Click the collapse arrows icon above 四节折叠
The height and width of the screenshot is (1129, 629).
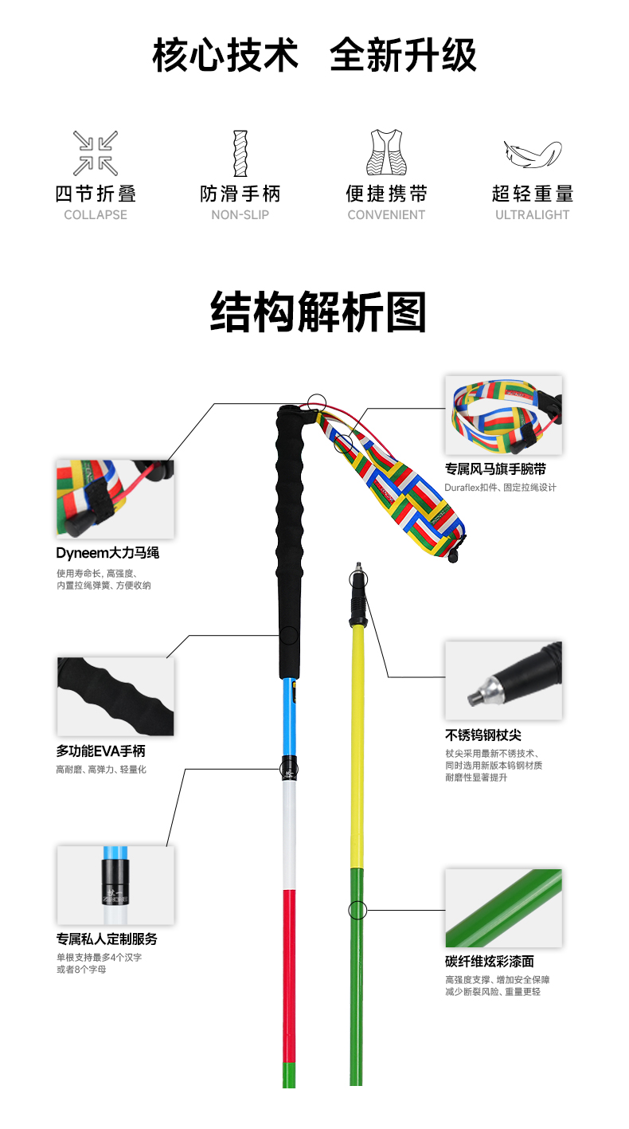point(96,153)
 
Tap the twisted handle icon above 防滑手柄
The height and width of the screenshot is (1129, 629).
point(240,153)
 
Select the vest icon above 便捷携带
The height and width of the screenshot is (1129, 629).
point(386,153)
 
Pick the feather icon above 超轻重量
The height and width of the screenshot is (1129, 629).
point(532,153)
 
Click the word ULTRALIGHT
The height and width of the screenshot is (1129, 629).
point(532,214)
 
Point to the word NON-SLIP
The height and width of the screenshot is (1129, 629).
point(240,214)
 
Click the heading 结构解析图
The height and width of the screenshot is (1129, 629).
point(318,312)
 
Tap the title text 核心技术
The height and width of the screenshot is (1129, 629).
point(225,56)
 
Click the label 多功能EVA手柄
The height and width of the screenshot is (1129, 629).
point(100,751)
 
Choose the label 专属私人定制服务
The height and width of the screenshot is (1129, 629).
point(107,939)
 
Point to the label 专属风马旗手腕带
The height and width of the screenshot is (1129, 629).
point(495,469)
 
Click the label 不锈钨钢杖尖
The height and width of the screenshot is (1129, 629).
point(483,735)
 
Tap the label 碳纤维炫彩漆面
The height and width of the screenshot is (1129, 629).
point(489,961)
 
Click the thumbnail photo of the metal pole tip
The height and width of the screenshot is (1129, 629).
point(503,680)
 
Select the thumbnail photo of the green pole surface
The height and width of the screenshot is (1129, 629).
point(503,908)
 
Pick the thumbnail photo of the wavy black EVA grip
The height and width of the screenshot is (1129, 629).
point(115,696)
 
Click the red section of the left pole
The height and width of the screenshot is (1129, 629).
point(289,972)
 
